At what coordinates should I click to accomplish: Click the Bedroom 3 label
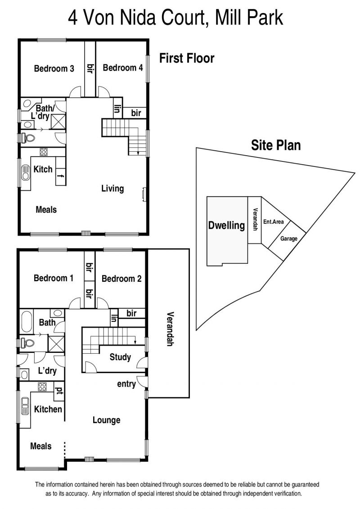click(x=54, y=68)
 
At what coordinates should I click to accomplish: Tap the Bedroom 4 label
click(x=123, y=68)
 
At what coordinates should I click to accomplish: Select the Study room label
click(x=120, y=357)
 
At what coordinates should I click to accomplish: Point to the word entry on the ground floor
click(x=126, y=384)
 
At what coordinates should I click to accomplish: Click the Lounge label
click(x=107, y=420)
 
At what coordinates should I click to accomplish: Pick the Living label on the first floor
click(x=112, y=189)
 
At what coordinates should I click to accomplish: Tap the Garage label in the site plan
click(x=289, y=239)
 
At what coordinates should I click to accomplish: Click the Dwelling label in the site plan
click(x=227, y=225)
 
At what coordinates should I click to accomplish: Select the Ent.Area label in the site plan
click(x=273, y=222)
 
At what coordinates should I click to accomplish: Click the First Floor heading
click(x=187, y=59)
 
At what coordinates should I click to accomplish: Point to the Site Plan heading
click(x=275, y=145)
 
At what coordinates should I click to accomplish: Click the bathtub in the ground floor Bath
click(x=26, y=321)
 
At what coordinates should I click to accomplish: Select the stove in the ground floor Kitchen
click(x=42, y=386)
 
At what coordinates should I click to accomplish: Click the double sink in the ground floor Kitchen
click(x=25, y=406)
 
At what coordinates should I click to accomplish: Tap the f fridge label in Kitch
click(x=60, y=176)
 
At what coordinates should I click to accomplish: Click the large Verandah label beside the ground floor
click(x=170, y=329)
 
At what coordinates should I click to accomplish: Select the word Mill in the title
click(x=229, y=18)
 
